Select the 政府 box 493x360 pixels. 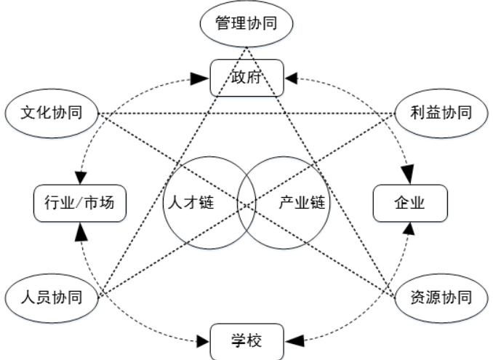click(246, 77)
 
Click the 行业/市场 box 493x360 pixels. click(80, 204)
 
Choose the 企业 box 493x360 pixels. click(409, 204)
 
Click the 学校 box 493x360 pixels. click(246, 340)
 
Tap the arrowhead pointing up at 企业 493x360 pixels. click(409, 229)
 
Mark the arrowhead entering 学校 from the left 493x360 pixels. click(203, 339)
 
